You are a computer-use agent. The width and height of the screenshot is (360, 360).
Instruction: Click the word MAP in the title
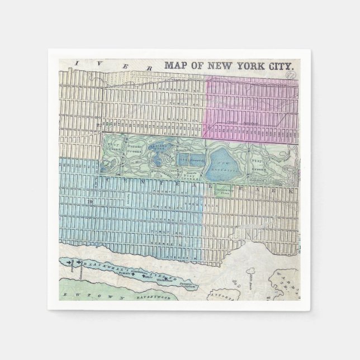coord(175,65)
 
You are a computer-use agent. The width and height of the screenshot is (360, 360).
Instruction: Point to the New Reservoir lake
coord(224,165)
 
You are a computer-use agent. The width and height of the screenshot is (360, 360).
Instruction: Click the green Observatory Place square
coord(222,190)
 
